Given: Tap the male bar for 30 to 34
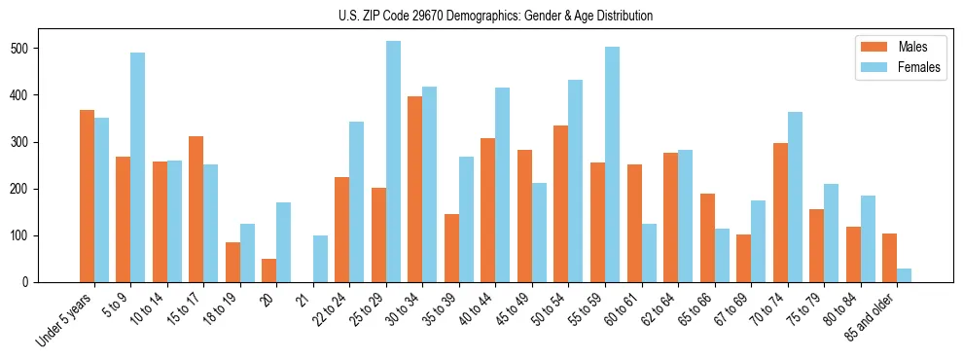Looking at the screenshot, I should click(415, 190).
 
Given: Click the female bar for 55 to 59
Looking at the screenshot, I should click(612, 164).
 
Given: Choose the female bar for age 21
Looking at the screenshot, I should click(320, 259).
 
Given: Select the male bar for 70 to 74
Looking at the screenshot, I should click(780, 213).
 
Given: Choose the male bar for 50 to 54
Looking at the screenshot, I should click(561, 204).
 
